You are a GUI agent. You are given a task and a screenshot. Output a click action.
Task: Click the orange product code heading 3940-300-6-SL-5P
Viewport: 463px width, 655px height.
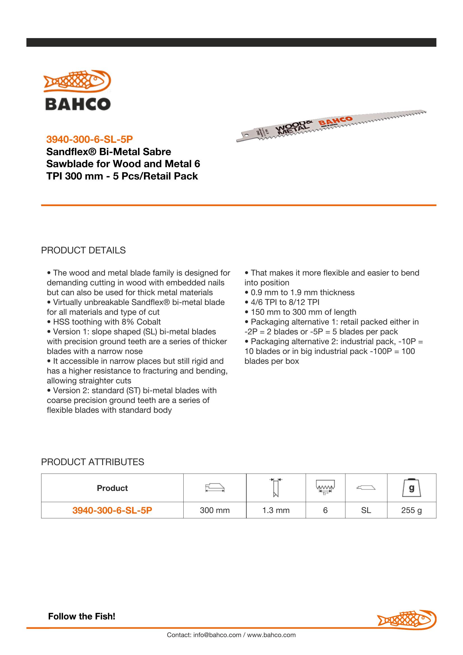click(90, 139)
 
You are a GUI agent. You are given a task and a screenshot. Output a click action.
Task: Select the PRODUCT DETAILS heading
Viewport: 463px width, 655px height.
click(83, 250)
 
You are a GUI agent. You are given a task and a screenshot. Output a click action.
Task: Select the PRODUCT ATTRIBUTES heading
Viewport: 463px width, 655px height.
click(92, 462)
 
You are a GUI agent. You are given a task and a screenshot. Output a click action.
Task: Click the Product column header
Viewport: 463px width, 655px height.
click(112, 488)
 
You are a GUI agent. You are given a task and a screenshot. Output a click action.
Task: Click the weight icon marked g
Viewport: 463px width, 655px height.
click(411, 488)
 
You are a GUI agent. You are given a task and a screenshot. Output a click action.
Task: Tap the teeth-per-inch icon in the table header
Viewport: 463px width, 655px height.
click(325, 488)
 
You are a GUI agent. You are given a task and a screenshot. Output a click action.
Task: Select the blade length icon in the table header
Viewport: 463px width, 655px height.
click(215, 488)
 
